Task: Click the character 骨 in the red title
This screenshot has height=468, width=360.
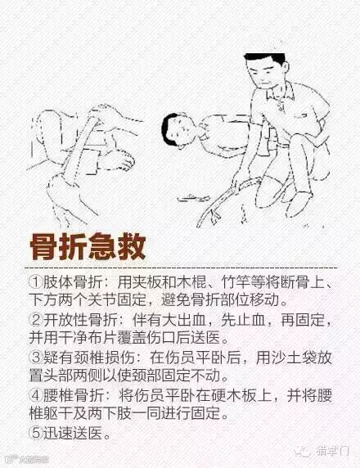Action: (x=44, y=247)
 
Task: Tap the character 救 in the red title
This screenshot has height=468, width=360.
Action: (x=132, y=247)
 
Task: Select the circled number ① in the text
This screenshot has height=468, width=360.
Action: (x=36, y=281)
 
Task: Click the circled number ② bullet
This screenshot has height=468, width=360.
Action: (x=36, y=320)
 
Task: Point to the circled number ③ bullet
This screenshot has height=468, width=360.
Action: (x=36, y=358)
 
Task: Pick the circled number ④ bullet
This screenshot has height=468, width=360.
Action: (x=36, y=395)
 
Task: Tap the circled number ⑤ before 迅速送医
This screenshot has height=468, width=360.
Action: (x=36, y=433)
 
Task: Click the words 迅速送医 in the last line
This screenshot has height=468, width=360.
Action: (x=73, y=433)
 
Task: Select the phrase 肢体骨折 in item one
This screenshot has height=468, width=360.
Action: (x=73, y=281)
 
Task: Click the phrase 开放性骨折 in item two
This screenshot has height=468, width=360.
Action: (x=80, y=320)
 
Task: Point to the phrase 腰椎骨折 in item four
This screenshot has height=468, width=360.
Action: (x=73, y=395)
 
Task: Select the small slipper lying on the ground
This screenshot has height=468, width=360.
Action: (x=193, y=197)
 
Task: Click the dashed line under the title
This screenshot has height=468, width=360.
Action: (x=181, y=268)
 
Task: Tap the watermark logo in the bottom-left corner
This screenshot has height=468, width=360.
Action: (x=28, y=459)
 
